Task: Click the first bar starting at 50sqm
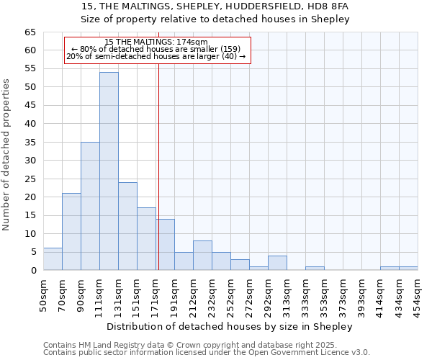coord(53,259)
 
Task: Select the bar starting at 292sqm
coord(277,263)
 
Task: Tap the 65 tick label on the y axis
coord(30,32)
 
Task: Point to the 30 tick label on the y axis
coord(30,161)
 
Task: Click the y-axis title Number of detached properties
coord(7,155)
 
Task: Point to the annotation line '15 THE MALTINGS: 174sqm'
coord(156,42)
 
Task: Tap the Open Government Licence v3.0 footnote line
coord(206,353)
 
